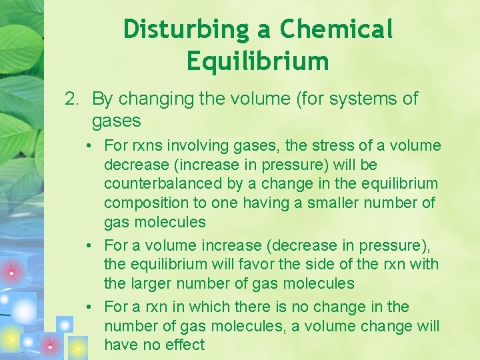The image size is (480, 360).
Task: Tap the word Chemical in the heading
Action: pyautogui.click(x=336, y=29)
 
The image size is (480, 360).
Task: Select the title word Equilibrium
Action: pyautogui.click(x=258, y=61)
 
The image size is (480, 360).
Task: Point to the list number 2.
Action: pyautogui.click(x=71, y=99)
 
